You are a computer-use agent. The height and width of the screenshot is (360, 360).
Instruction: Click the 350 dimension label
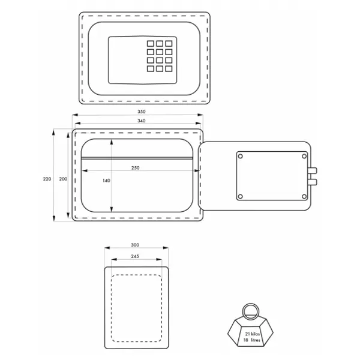pyautogui.click(x=142, y=112)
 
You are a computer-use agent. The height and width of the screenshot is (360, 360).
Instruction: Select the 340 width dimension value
pyautogui.click(x=142, y=121)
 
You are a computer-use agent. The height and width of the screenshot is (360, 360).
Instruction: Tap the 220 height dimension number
pyautogui.click(x=47, y=179)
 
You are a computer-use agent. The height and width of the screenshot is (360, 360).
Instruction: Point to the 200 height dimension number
pyautogui.click(x=63, y=179)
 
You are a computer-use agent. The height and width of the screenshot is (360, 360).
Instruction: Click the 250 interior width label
pyautogui.click(x=136, y=168)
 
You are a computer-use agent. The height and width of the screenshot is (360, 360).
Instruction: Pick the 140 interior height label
pyautogui.click(x=106, y=181)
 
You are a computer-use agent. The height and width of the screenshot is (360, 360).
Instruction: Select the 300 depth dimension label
pyautogui.click(x=135, y=245)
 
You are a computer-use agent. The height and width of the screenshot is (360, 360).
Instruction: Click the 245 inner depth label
pyautogui.click(x=135, y=256)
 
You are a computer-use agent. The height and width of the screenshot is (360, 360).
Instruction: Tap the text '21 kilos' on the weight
pyautogui.click(x=253, y=334)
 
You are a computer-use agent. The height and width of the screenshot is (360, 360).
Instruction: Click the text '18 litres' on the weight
pyautogui.click(x=251, y=340)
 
